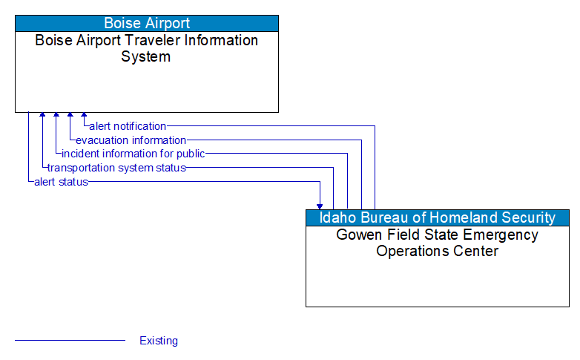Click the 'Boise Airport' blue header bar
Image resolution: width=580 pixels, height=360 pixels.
(147, 23)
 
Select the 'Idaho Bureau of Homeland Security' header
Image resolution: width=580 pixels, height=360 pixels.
(437, 217)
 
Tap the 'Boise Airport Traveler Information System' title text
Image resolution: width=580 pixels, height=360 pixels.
(147, 48)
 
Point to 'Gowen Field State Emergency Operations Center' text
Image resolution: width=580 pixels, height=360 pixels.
(437, 243)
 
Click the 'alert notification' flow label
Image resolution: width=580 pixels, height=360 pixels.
(128, 126)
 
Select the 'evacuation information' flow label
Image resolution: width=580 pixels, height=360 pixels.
(131, 140)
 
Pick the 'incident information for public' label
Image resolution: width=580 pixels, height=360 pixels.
(133, 154)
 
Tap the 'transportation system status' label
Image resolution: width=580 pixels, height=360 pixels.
(116, 168)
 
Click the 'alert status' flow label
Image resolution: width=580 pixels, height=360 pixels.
(61, 182)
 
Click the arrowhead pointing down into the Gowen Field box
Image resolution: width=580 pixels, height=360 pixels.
(320, 206)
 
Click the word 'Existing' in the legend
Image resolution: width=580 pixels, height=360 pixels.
(159, 341)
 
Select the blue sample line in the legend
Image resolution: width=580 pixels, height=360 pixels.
(70, 341)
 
